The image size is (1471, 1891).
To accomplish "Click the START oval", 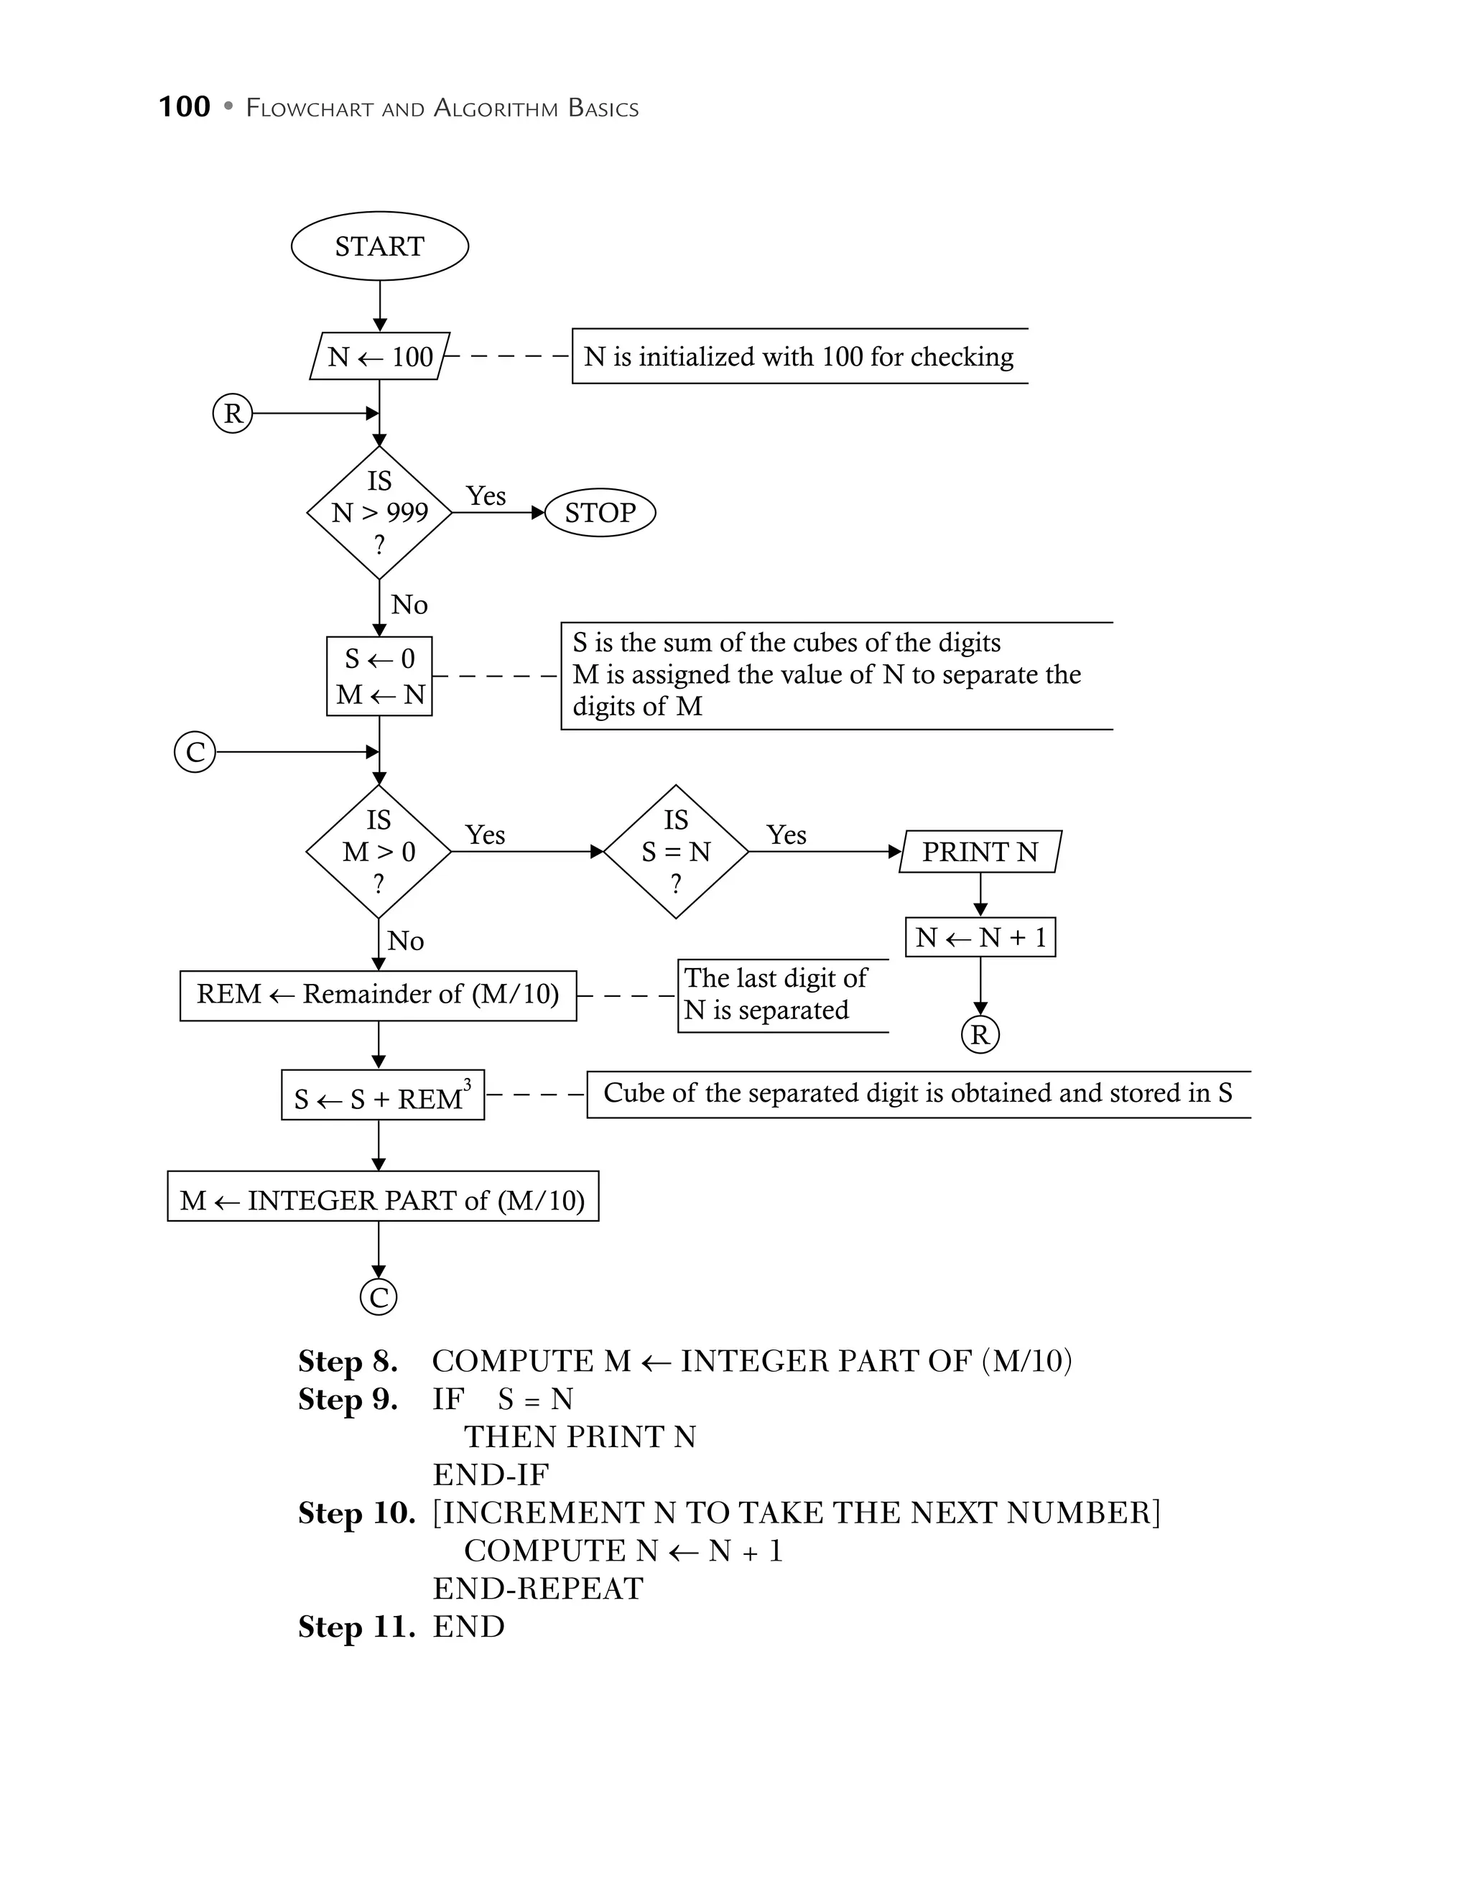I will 379,246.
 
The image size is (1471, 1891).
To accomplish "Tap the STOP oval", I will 599,513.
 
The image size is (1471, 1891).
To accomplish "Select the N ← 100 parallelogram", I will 379,356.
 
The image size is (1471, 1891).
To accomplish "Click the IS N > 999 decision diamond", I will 379,513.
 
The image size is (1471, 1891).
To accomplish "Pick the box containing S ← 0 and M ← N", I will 379,677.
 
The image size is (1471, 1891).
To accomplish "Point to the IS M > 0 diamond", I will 379,851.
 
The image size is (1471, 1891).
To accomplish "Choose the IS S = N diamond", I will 675,851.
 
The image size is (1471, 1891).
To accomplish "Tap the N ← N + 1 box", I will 980,937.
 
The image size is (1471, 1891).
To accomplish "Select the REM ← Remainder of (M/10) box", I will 378,995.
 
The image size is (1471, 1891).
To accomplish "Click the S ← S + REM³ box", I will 382,1095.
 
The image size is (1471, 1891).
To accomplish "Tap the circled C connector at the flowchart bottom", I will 379,1297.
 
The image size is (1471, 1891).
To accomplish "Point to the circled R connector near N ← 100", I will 232,413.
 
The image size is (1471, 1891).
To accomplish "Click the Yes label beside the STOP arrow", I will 486,496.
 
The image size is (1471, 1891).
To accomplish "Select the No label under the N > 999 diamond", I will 409,604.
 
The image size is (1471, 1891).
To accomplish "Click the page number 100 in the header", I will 185,106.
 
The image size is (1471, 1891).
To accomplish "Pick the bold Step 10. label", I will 356,1513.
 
